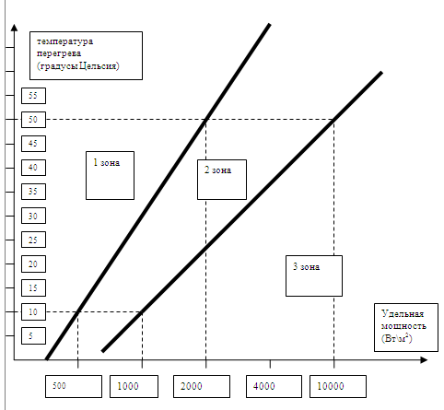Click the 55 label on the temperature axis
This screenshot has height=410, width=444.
point(33,96)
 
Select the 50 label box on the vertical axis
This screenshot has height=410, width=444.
point(33,120)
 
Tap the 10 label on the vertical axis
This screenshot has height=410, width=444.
point(33,312)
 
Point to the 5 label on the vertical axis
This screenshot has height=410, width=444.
point(30,335)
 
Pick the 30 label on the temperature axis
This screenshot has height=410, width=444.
point(33,216)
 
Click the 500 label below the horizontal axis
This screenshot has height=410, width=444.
point(59,386)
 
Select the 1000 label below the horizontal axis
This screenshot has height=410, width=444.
point(128,386)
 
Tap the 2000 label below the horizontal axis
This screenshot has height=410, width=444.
point(192,386)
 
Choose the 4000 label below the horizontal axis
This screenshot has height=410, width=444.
point(264,386)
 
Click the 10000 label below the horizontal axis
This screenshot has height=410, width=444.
point(331,386)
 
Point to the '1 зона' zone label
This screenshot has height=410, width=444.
point(107,162)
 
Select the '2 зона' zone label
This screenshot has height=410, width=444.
point(218,170)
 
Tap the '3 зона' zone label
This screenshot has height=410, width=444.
point(307,266)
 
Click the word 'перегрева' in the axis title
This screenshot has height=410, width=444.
point(59,53)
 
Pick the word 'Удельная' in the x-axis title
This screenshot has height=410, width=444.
point(403,313)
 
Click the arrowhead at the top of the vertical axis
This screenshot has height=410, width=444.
point(14,27)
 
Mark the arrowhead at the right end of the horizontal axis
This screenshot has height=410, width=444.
point(424,360)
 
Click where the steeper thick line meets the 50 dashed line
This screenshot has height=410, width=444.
point(206,120)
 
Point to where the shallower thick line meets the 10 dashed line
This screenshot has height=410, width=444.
point(142,312)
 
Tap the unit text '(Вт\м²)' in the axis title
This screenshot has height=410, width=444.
point(397,338)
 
